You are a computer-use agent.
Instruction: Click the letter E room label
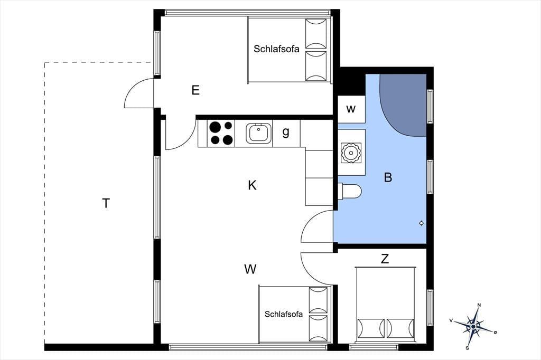click(x=195, y=90)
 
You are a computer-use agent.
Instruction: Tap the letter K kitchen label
click(x=252, y=185)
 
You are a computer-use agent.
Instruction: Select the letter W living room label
click(x=250, y=269)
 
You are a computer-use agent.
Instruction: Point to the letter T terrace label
click(x=106, y=203)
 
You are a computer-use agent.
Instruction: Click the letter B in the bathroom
click(x=388, y=177)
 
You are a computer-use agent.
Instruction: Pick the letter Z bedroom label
click(x=385, y=258)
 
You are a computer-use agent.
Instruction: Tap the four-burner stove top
click(x=221, y=134)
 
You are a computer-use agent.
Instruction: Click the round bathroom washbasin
click(x=351, y=153)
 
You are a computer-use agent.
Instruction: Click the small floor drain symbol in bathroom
click(x=421, y=223)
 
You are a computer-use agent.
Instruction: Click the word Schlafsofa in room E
click(x=276, y=49)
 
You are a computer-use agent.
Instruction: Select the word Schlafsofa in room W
click(x=284, y=314)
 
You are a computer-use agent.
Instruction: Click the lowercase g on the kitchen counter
click(x=286, y=132)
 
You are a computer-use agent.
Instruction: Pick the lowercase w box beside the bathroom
click(x=351, y=109)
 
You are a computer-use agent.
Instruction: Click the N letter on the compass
click(x=479, y=305)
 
